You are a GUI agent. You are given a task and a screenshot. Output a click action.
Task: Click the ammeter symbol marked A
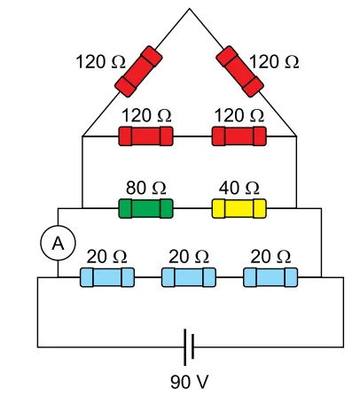58,243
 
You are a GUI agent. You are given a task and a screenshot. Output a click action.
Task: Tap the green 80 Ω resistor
145,208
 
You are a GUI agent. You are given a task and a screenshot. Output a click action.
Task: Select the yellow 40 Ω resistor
239,208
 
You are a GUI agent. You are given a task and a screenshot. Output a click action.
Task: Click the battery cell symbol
189,347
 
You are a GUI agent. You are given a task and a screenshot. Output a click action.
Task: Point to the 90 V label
190,382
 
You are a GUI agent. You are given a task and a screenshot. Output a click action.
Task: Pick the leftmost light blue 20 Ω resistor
107,277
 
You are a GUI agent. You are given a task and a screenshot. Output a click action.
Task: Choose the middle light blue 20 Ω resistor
189,277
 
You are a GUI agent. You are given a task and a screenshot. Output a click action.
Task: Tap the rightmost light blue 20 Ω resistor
270,277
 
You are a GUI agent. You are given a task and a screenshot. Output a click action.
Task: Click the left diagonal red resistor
138,72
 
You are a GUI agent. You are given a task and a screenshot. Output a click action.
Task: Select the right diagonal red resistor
239,72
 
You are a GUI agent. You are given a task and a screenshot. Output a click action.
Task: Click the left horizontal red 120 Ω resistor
145,136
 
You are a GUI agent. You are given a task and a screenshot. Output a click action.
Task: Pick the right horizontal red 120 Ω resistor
239,136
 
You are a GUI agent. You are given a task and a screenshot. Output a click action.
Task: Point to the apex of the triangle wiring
190,9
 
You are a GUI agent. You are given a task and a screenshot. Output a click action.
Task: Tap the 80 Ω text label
146,188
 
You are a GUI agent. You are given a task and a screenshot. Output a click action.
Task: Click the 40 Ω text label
239,188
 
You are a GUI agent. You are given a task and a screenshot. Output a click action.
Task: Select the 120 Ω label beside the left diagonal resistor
101,62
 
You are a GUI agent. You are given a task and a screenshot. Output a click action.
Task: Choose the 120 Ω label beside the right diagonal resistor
274,62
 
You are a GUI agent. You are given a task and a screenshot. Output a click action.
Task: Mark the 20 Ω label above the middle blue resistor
189,256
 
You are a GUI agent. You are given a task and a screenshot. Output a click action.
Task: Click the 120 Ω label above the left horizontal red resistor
146,115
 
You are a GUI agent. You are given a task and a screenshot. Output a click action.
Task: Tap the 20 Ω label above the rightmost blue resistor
270,256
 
